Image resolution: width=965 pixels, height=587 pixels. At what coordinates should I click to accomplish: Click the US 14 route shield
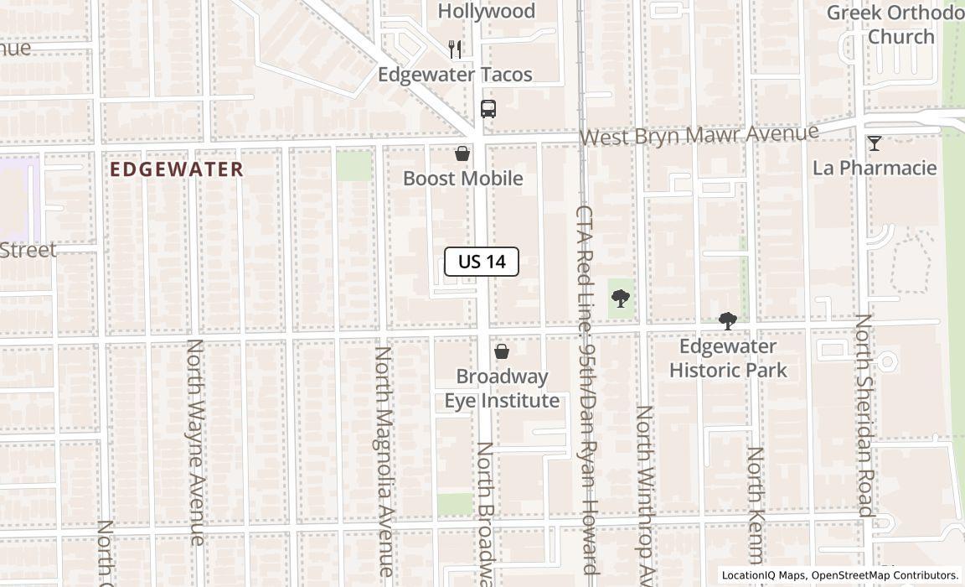pos(482,262)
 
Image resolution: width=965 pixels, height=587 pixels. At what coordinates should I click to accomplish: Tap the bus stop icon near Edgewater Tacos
pos(488,108)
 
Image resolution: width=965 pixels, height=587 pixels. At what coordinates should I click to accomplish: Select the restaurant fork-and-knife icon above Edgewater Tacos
pos(455,49)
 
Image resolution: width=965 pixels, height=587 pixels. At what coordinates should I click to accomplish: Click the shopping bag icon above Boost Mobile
pos(462,153)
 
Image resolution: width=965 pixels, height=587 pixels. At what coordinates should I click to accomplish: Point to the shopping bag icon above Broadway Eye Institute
pos(502,351)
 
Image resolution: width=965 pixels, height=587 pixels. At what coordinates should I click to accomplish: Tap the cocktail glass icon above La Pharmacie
pos(875,143)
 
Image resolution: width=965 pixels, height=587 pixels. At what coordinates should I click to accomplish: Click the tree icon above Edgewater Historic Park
pos(728,320)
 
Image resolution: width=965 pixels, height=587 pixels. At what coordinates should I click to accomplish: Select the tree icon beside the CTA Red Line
pos(621,298)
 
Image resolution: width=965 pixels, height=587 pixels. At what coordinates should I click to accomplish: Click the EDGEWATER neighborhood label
pos(177,169)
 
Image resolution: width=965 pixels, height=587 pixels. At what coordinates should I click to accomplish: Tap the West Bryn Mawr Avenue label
pos(699,135)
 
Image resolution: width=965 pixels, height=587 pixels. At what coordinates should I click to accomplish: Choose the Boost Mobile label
pos(463,179)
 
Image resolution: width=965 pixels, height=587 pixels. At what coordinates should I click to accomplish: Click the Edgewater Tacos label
pos(455,75)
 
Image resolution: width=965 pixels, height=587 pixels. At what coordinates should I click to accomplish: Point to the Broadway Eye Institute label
pos(502,389)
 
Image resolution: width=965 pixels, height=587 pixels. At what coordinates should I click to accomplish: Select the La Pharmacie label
pos(875,168)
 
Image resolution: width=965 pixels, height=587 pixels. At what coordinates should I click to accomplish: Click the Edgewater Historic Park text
pos(728,358)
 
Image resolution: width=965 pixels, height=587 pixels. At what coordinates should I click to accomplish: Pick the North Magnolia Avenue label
pos(384,461)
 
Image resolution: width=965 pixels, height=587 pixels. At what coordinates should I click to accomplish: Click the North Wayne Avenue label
pos(195,442)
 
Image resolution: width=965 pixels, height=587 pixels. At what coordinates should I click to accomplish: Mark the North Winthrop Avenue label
pos(645,495)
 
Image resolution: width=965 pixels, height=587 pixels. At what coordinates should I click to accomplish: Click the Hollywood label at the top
pos(487,11)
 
